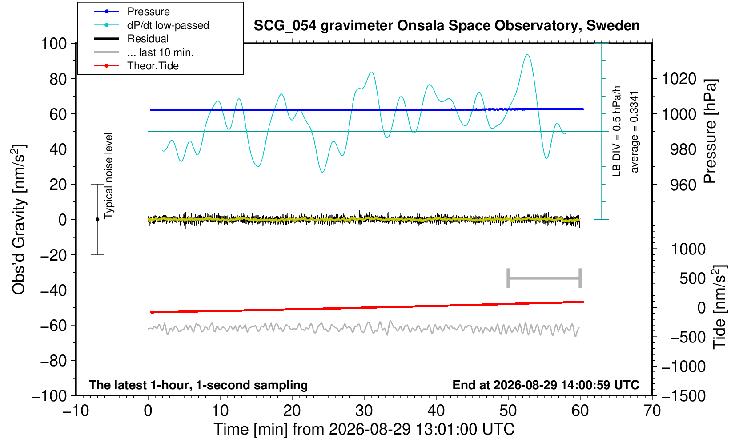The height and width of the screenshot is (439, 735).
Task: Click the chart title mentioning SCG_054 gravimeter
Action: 446,26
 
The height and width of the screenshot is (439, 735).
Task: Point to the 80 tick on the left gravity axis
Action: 58,79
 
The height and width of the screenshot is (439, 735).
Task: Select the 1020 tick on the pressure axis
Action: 679,79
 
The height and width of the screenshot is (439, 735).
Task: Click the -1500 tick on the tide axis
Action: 683,396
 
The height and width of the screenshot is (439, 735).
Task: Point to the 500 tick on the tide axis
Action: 692,278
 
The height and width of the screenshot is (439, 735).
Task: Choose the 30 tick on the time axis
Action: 364,411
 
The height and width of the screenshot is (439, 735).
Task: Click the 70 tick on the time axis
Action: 652,411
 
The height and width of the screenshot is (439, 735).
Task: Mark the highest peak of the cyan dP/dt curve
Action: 527,55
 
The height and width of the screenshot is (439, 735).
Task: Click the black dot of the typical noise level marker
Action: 97,219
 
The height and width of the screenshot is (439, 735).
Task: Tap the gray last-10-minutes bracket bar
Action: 544,278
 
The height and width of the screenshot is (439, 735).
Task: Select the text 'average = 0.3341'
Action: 635,132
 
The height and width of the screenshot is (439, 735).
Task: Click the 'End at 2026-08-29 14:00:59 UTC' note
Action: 546,385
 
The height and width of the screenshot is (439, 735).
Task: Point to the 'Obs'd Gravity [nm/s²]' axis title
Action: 19,219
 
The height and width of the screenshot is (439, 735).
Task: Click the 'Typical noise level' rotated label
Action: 108,176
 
